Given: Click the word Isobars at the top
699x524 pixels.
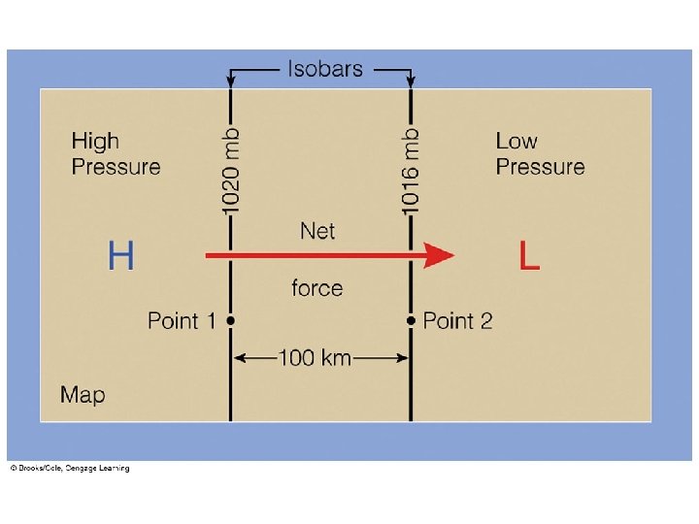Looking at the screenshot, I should pyautogui.click(x=324, y=69).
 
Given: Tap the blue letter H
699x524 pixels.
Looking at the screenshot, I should pyautogui.click(x=120, y=256).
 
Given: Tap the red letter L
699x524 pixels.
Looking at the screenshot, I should pyautogui.click(x=529, y=256).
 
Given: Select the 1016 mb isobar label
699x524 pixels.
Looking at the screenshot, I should pyautogui.click(x=412, y=172).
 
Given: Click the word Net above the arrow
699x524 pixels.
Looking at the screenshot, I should pyautogui.click(x=317, y=231).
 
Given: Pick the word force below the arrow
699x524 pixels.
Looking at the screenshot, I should pyautogui.click(x=316, y=288).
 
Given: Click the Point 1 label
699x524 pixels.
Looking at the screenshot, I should pyautogui.click(x=181, y=320).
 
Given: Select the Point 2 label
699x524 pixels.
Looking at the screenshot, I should pyautogui.click(x=458, y=320).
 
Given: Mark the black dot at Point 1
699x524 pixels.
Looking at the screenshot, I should pyautogui.click(x=230, y=319).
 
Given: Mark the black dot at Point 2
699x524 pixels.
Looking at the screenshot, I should pyautogui.click(x=411, y=319).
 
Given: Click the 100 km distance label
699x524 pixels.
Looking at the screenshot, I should pyautogui.click(x=315, y=357).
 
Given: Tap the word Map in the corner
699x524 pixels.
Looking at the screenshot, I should pyautogui.click(x=83, y=395).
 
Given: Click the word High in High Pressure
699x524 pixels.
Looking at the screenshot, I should pyautogui.click(x=95, y=142).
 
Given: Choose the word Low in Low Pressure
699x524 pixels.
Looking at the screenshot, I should pyautogui.click(x=516, y=142).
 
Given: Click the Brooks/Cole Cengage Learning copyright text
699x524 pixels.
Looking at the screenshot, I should pyautogui.click(x=69, y=469).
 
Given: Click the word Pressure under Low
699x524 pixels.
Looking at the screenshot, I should pyautogui.click(x=540, y=167).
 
